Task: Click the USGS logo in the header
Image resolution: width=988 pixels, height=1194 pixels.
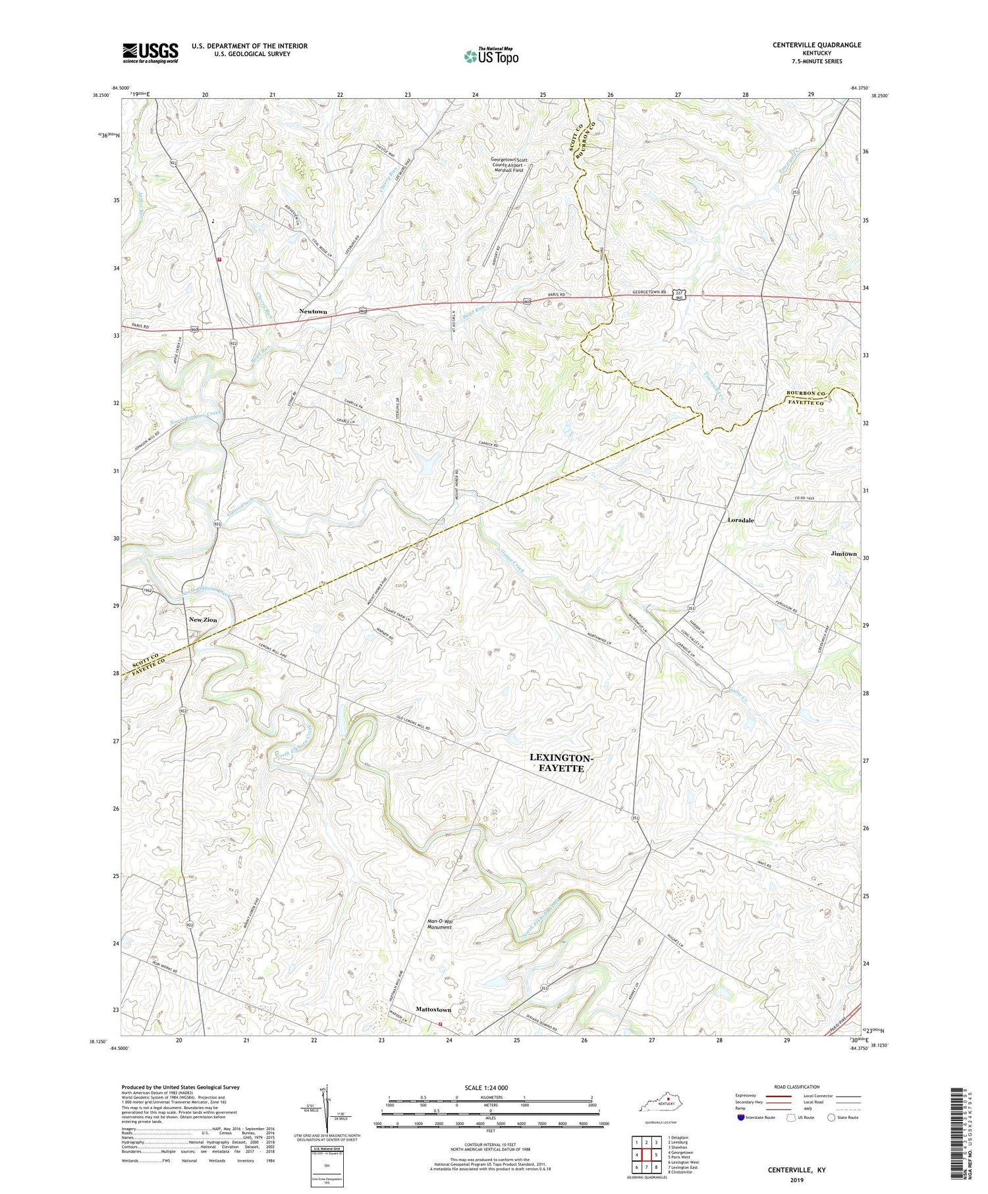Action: tap(150, 53)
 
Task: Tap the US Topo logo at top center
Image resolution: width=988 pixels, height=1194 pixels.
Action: tap(491, 56)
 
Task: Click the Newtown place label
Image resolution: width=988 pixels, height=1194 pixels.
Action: tap(313, 311)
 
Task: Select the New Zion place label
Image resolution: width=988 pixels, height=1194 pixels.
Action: tap(203, 620)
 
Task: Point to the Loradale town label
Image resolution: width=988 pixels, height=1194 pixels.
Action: tap(741, 520)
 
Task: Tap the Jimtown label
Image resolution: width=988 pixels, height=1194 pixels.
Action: tap(844, 554)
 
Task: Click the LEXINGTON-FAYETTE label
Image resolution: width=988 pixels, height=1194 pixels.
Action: tap(561, 763)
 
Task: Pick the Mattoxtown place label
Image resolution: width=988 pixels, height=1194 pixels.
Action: tap(433, 1010)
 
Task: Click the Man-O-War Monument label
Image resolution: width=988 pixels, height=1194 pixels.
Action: tap(440, 923)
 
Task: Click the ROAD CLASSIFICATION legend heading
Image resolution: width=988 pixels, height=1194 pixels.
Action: tap(797, 1087)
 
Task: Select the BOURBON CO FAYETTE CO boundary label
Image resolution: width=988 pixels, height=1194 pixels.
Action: tap(807, 398)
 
